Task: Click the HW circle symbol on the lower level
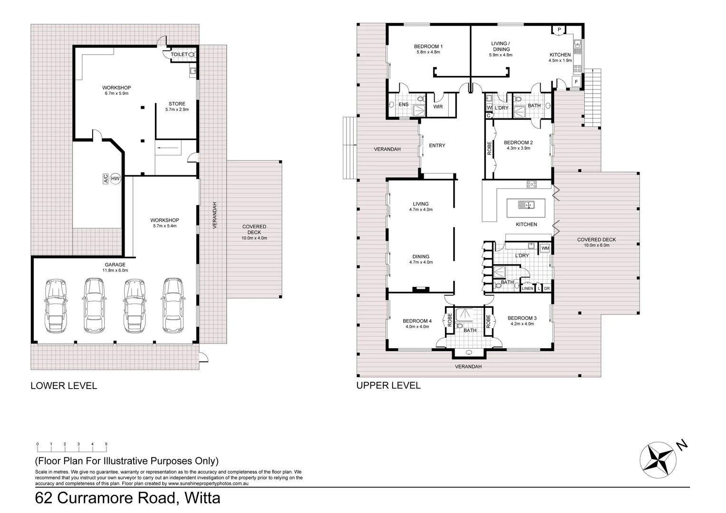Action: point(115,179)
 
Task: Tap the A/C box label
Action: point(106,179)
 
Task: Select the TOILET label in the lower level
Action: point(179,55)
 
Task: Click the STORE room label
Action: point(177,104)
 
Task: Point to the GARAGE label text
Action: point(115,265)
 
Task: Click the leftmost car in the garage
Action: point(56,306)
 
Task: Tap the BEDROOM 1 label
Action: point(428,47)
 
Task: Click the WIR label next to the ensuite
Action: point(438,106)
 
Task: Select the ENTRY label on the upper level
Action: point(437,145)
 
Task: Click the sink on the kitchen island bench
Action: point(526,205)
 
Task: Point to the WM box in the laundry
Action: point(545,248)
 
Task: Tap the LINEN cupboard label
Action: point(527,288)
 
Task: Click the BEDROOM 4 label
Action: point(417,321)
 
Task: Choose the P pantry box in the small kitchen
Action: point(559,30)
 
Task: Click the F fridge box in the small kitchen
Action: point(576,82)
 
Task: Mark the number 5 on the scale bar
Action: point(106,444)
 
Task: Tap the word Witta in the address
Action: point(202,498)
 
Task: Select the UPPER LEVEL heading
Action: point(388,385)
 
